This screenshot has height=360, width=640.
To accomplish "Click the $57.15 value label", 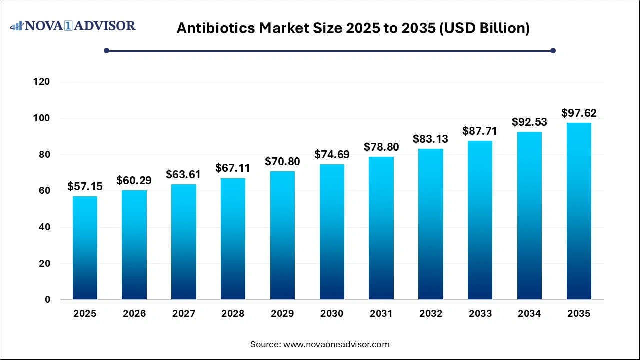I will pyautogui.click(x=85, y=187).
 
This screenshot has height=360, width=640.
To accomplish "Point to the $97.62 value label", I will pyautogui.click(x=579, y=113).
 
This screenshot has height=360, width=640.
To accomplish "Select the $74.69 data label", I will pyautogui.click(x=332, y=155).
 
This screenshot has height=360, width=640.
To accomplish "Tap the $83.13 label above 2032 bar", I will pyautogui.click(x=430, y=139).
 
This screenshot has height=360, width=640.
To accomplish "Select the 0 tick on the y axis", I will pyautogui.click(x=48, y=300).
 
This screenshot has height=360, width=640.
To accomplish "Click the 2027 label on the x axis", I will pyautogui.click(x=183, y=314).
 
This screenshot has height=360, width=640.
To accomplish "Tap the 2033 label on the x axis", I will pyautogui.click(x=480, y=314).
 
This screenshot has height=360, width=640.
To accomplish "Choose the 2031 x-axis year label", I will pyautogui.click(x=381, y=314).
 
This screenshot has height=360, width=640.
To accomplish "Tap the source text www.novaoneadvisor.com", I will pyautogui.click(x=336, y=344).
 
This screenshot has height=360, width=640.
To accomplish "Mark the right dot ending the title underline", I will pyautogui.click(x=553, y=50).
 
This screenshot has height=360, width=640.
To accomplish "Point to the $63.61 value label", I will pyautogui.click(x=183, y=175).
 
